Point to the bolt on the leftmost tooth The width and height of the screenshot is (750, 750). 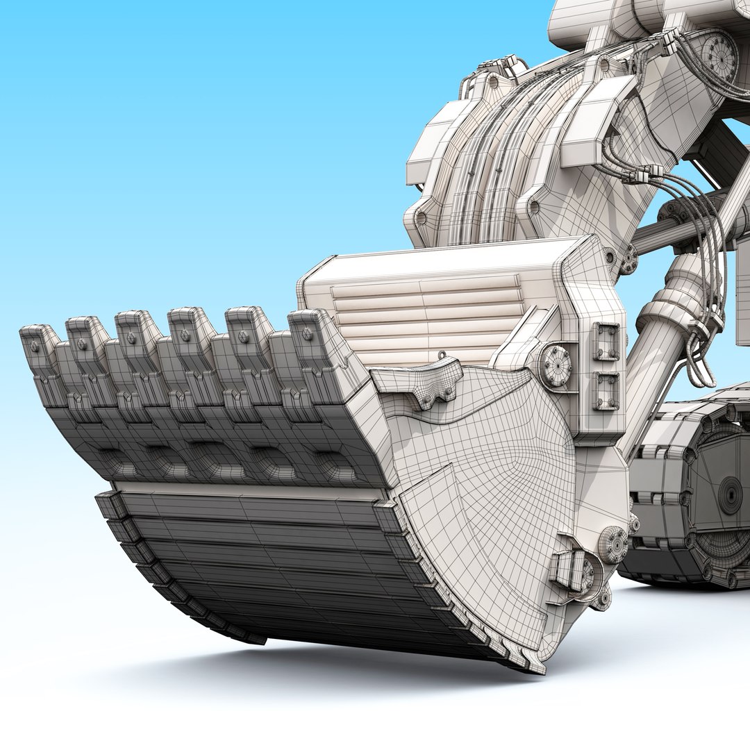tap(34, 346)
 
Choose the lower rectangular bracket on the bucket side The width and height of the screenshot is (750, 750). tap(606, 391)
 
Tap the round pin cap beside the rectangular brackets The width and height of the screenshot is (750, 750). tap(556, 365)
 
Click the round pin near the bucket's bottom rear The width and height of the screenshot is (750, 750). tap(613, 544)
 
